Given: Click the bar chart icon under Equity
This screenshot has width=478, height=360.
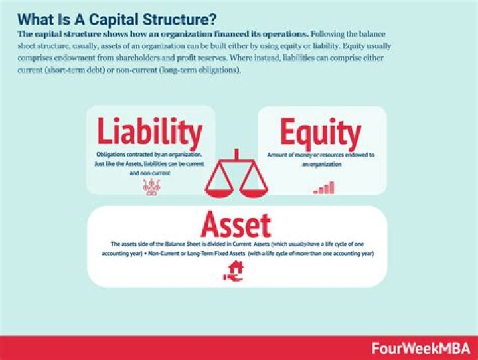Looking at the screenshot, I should (323, 188).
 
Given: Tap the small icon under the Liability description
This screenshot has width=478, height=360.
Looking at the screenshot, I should (152, 187).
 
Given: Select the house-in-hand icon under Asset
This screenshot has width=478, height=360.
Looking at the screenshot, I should (237, 270).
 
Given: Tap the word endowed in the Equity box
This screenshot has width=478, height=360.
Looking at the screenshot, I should (357, 155).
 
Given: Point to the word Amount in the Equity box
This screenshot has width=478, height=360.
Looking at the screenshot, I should (279, 155).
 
